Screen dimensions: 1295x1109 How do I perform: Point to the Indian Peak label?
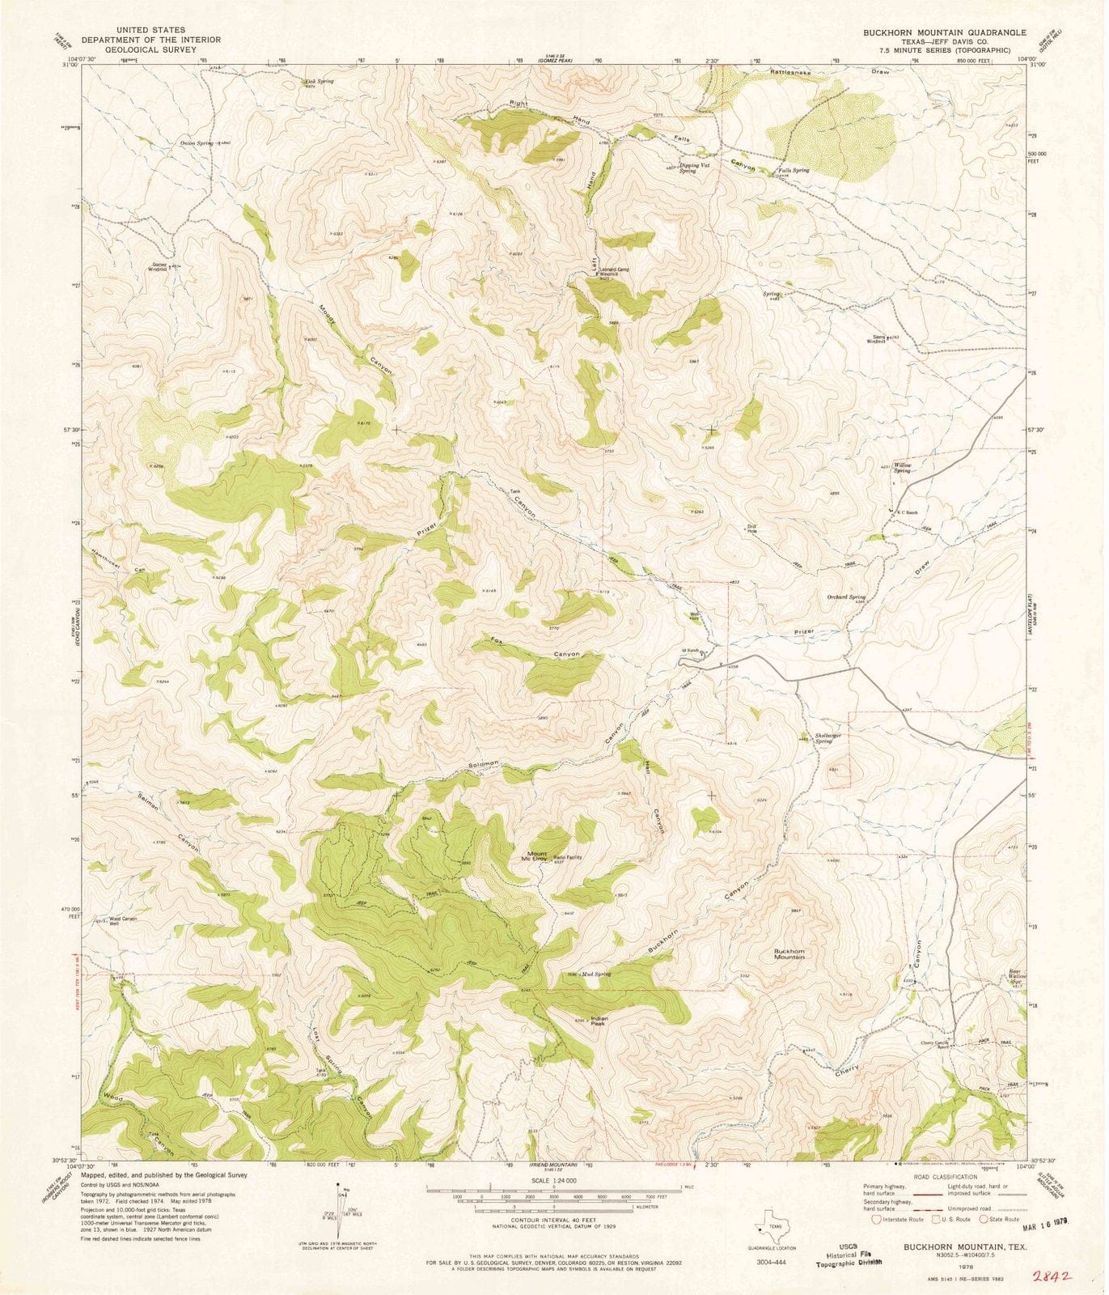[599, 1021]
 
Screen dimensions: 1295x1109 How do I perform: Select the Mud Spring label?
[595, 974]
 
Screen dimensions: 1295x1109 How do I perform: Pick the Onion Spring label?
[197, 143]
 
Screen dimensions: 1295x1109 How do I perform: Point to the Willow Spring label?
[902, 468]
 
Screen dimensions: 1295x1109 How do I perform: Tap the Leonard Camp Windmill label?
[614, 272]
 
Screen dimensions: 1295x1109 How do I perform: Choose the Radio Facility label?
[567, 857]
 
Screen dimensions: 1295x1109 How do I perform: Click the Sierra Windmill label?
[876, 341]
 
